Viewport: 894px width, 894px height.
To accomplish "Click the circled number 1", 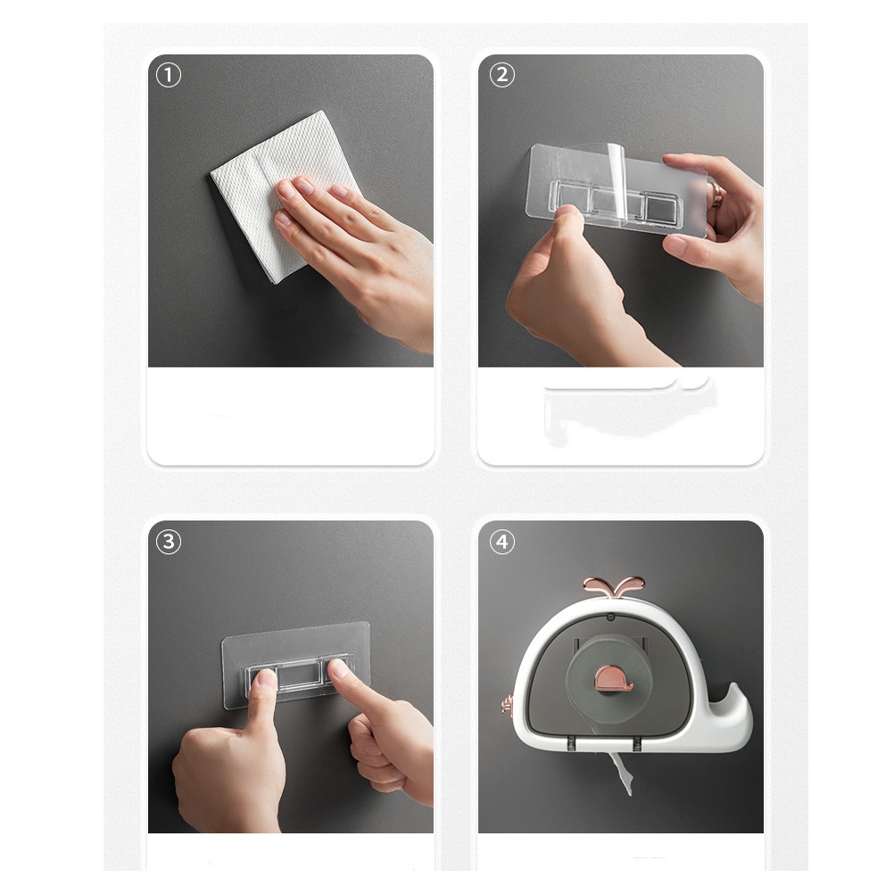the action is click(169, 75).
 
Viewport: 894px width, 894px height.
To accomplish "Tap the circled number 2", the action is click(501, 75).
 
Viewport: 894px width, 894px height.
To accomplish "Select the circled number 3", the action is click(169, 542).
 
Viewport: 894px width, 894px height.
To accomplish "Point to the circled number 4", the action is click(501, 542).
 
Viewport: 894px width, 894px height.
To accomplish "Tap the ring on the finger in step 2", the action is click(716, 195).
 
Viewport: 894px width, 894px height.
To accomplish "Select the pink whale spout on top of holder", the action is click(614, 587).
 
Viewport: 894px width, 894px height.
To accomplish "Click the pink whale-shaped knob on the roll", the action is click(612, 678).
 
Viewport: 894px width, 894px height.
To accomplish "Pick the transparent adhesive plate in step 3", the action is click(296, 665).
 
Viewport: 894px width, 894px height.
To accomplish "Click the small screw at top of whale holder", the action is click(610, 617).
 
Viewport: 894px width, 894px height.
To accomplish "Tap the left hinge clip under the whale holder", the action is click(570, 743).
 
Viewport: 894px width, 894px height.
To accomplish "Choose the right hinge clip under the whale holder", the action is click(637, 743).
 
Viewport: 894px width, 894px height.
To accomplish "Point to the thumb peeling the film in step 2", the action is click(567, 228).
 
